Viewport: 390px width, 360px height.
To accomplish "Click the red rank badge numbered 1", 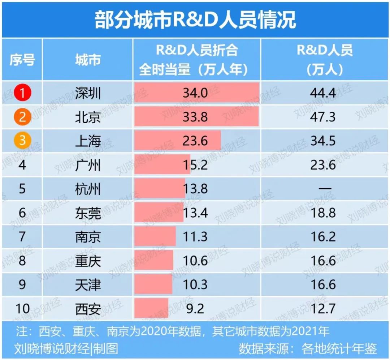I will [x=22, y=93].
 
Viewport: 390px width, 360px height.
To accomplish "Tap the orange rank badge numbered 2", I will [x=22, y=117].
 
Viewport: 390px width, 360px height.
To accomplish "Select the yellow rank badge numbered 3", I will [x=22, y=141].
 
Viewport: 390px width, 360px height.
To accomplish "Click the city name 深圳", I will [x=88, y=93].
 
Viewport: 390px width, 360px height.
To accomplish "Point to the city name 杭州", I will [x=88, y=189].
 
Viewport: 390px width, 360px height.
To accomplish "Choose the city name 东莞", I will [x=88, y=213].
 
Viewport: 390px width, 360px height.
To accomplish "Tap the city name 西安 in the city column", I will [x=88, y=309].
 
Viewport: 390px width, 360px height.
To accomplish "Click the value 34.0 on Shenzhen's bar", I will [x=195, y=93].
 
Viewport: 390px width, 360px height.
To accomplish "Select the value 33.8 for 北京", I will [x=195, y=117].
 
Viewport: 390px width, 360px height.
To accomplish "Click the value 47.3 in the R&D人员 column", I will [x=323, y=117].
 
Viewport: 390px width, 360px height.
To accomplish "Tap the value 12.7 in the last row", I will [x=323, y=309].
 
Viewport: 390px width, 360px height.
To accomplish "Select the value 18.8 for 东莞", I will [x=323, y=213].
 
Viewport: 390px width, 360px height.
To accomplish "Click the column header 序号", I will [x=22, y=60].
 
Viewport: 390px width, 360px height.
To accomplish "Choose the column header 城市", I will [x=88, y=60].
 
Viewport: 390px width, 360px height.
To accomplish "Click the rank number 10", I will [x=22, y=309].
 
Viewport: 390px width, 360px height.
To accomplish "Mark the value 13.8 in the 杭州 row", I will [x=195, y=189].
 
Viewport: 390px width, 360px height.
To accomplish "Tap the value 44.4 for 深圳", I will [x=323, y=93].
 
